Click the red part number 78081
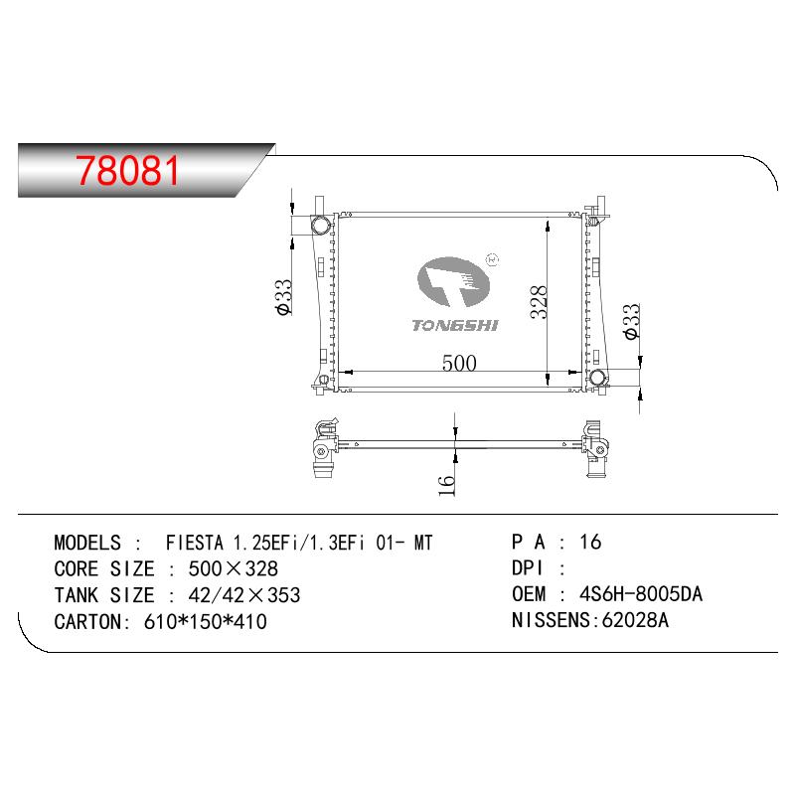coord(128,170)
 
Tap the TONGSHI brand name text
coord(455,326)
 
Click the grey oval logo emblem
coord(453,282)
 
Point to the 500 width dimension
coord(459,363)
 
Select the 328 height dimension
coord(539,302)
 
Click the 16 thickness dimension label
coord(446,485)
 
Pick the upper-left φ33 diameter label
coord(284,297)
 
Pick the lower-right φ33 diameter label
coord(632,321)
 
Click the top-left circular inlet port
coord(320,225)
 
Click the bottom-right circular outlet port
coord(598,378)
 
